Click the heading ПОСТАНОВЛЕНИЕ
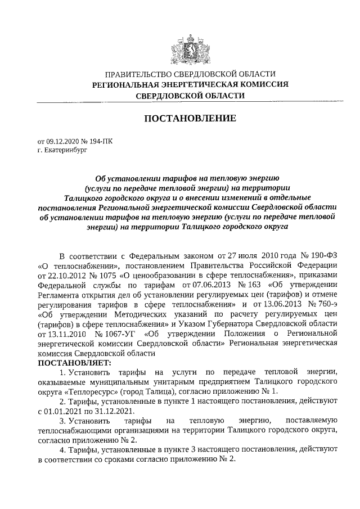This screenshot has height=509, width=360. coord(191,118)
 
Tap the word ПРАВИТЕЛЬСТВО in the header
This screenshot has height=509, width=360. coord(139,74)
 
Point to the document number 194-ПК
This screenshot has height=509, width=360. coord(101,142)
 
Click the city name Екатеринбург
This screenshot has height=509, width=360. coord(66,150)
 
